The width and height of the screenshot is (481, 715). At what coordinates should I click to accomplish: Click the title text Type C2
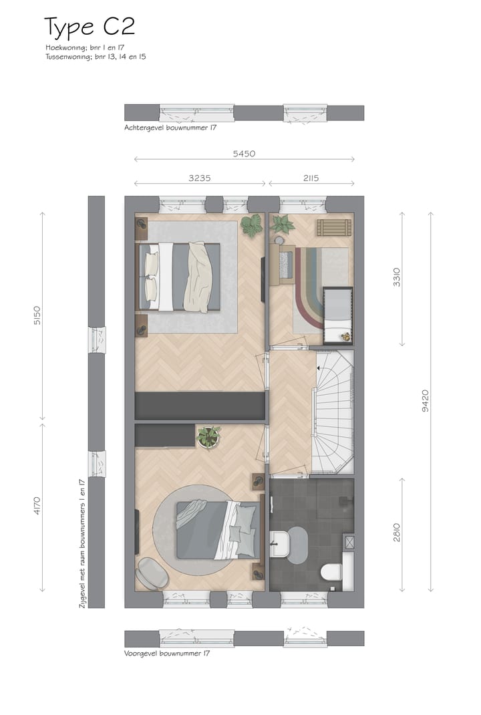point(90,27)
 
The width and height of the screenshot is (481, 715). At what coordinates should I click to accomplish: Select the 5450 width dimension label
point(244,154)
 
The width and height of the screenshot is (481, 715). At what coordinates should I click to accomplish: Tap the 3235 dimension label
point(200,178)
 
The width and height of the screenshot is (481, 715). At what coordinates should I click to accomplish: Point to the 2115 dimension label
point(310,178)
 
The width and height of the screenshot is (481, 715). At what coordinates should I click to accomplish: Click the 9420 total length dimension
point(425,401)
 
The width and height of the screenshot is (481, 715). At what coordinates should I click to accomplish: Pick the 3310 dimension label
point(396,277)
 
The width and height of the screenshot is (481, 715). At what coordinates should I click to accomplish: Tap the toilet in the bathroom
point(331,572)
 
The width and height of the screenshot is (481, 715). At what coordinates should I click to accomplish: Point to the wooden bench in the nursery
point(333,227)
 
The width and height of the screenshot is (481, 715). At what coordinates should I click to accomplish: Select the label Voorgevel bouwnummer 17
point(166,653)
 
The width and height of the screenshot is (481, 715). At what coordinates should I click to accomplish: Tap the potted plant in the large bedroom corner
point(252,225)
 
